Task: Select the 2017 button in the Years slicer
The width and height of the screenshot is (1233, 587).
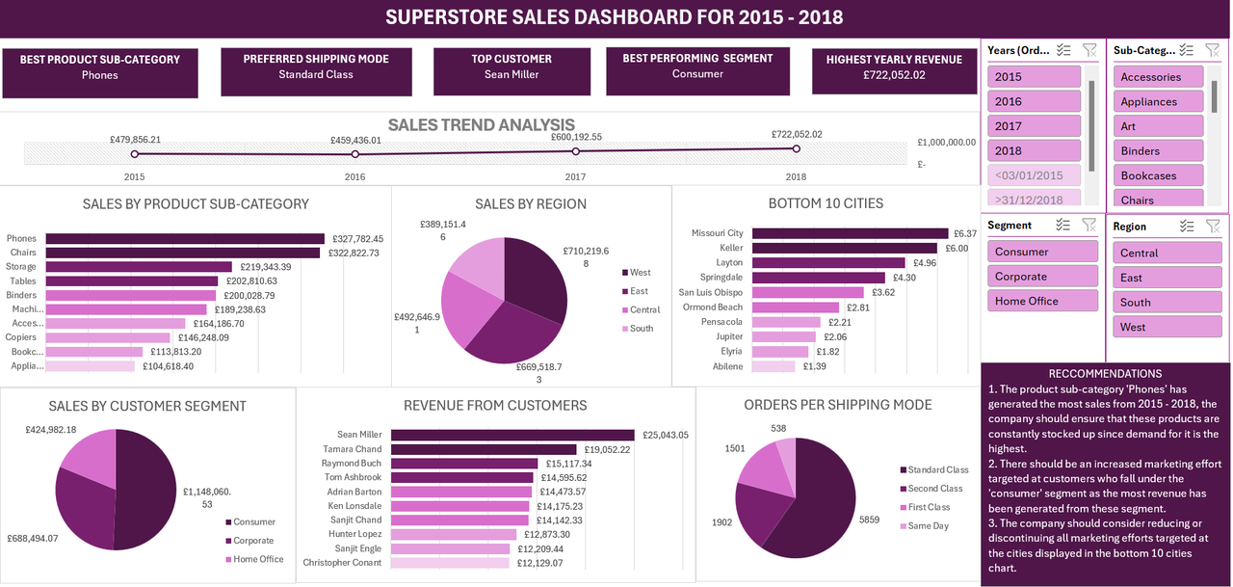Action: [x=1034, y=126]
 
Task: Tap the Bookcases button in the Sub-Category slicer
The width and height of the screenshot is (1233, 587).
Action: [x=1160, y=176]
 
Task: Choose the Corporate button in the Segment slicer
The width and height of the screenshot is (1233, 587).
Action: [x=1041, y=277]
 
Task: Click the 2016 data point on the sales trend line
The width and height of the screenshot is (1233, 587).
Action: [x=355, y=154]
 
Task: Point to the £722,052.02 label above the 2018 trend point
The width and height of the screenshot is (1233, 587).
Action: [x=797, y=135]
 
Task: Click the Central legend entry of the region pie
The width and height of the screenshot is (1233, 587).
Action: [x=644, y=310]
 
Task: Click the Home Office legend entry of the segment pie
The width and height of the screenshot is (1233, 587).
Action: [x=257, y=559]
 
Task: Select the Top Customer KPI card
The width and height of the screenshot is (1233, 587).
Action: [x=512, y=67]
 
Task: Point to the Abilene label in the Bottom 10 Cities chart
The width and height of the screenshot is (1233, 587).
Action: [x=727, y=366]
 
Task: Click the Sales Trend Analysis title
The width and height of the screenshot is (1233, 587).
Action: [x=481, y=125]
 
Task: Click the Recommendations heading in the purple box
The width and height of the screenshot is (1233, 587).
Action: [x=1104, y=374]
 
